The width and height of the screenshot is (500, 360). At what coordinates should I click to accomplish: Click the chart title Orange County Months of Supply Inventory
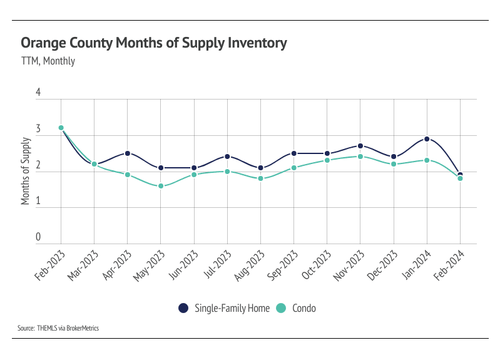(x=154, y=43)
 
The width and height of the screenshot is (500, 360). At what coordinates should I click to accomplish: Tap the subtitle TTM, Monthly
(x=48, y=61)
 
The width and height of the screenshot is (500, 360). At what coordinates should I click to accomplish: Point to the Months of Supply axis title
(x=26, y=172)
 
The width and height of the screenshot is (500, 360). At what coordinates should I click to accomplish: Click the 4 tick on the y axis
(x=38, y=93)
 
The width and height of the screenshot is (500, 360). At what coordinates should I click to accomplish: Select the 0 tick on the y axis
(x=38, y=237)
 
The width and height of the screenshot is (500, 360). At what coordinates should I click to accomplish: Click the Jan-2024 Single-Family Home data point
(x=427, y=139)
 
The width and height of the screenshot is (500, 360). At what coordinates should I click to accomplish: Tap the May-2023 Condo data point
(x=161, y=186)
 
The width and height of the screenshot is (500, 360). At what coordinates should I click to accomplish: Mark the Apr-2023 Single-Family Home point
(x=128, y=153)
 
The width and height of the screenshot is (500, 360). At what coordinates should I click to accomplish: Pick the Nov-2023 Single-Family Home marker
(x=360, y=146)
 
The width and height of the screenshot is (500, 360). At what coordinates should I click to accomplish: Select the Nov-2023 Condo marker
(x=360, y=157)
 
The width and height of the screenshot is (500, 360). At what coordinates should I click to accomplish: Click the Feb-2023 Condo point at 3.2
(x=61, y=128)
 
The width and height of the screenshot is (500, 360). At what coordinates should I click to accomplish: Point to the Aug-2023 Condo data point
(x=260, y=178)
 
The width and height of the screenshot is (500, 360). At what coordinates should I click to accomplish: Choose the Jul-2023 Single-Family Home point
(x=227, y=157)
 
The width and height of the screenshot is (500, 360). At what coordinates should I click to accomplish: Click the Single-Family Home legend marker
(x=183, y=308)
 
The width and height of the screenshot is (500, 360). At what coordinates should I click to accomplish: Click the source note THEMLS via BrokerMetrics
(x=58, y=328)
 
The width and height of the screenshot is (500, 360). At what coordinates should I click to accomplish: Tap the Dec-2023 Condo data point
(x=394, y=164)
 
